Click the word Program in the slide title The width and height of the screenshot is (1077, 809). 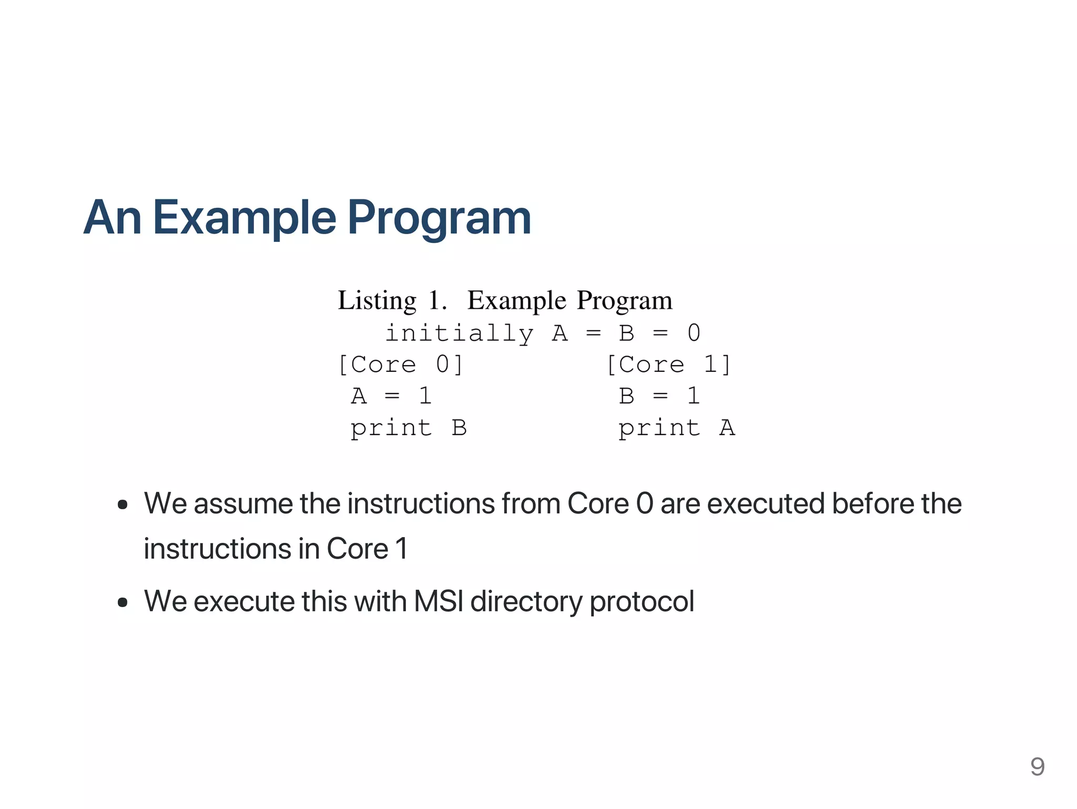tap(439, 218)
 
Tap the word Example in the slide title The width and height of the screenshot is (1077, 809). tap(245, 218)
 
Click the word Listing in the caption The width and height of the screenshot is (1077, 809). tap(377, 301)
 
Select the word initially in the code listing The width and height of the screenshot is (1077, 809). tap(459, 333)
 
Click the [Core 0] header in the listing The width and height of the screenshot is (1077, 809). tap(400, 365)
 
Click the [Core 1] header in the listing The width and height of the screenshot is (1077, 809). tap(668, 365)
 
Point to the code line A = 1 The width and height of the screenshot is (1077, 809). tap(391, 396)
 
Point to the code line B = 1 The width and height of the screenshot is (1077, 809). tap(659, 396)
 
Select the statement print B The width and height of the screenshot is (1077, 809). tap(409, 428)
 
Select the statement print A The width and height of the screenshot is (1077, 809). tap(676, 428)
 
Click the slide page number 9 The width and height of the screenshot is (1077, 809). tap(1037, 766)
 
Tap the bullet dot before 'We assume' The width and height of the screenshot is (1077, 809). tap(123, 505)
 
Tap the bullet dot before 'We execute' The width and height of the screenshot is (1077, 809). tap(123, 602)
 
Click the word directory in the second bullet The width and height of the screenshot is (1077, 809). tap(526, 601)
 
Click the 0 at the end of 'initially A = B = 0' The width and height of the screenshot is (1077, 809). tap(694, 333)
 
